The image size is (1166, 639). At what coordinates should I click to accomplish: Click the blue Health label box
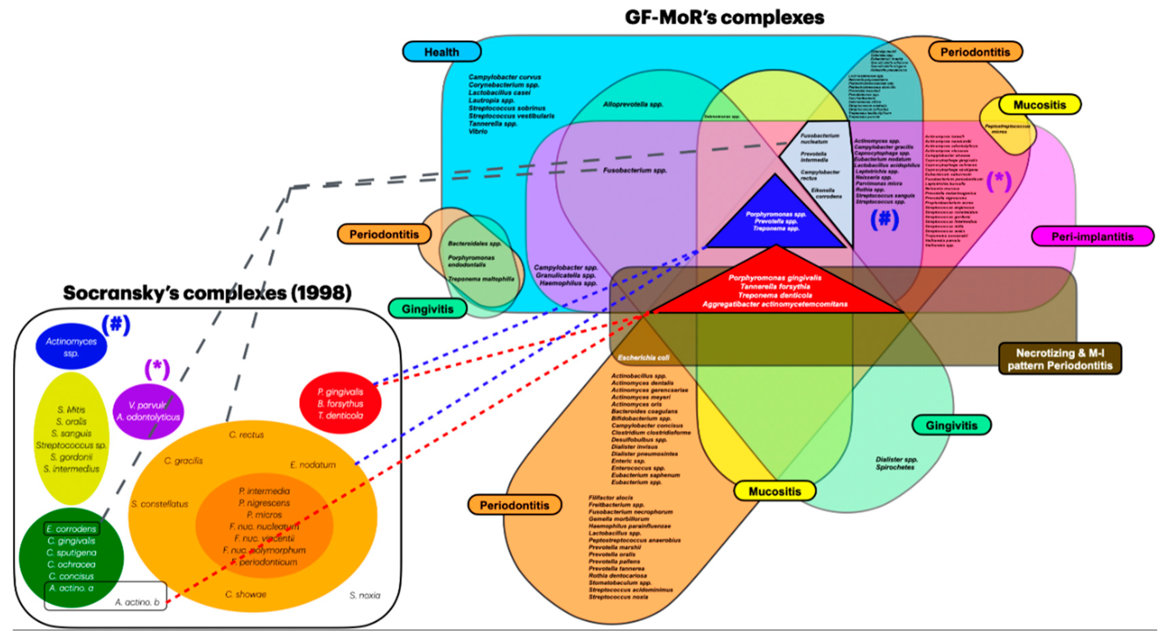tap(441, 52)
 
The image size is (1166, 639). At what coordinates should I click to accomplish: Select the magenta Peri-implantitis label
tap(1092, 236)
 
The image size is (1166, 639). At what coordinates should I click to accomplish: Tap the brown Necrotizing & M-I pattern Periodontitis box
tap(1059, 359)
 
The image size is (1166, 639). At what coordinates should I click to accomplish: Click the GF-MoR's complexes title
tap(724, 18)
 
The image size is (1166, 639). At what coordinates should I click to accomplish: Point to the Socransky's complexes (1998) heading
tap(207, 293)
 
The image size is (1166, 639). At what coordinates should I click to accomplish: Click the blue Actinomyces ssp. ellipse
tap(71, 347)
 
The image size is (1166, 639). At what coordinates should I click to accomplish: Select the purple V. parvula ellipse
tap(148, 411)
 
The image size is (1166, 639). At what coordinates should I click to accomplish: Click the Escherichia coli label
tap(643, 358)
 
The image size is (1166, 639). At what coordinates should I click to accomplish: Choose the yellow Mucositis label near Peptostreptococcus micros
tap(1039, 105)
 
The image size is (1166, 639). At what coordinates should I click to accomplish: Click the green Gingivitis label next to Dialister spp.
tap(951, 425)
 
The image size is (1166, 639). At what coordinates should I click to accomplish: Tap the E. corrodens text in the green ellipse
tap(71, 529)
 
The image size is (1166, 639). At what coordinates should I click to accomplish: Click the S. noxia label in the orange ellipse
tap(365, 595)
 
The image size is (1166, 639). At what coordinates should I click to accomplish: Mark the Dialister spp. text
tap(896, 459)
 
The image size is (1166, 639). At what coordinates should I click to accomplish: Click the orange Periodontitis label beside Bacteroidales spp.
tap(384, 234)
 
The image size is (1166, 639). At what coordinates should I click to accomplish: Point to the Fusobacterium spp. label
tap(635, 170)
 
